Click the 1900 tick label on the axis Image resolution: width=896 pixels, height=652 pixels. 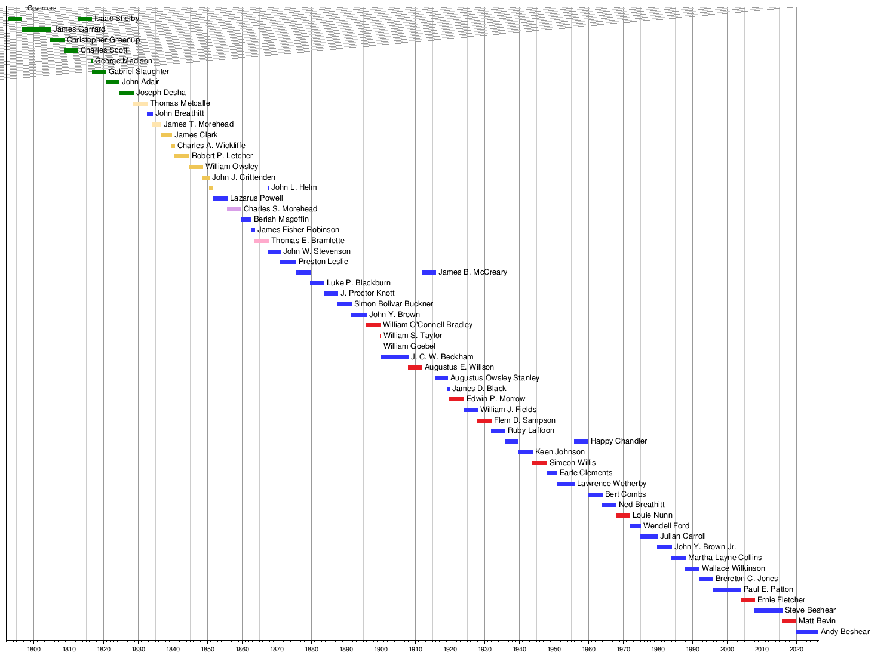pos(381,648)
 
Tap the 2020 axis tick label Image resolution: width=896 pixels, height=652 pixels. pos(796,648)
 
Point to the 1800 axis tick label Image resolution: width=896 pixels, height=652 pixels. pos(34,648)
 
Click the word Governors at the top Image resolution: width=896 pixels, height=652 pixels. pos(42,8)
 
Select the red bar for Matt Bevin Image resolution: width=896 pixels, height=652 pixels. pos(788,621)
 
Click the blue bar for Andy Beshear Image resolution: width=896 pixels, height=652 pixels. pos(806,632)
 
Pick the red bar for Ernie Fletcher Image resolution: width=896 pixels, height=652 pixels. pos(747,600)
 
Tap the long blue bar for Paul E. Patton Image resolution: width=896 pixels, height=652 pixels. pos(726,589)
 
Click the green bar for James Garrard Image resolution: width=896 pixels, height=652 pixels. pos(36,29)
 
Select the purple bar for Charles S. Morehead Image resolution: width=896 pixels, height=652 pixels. pos(234,209)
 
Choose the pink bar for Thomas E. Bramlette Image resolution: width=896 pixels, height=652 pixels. pos(261,241)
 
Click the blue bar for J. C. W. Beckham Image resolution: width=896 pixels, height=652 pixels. pos(394,357)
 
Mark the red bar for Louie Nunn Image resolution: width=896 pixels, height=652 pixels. pos(622,515)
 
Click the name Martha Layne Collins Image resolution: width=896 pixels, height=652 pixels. pos(725,558)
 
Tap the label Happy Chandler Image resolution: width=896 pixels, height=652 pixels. pos(618,441)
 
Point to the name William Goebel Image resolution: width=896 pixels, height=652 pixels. pos(409,346)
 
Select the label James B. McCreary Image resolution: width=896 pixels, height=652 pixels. pos(472,272)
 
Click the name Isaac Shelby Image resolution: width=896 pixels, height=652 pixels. pos(116,19)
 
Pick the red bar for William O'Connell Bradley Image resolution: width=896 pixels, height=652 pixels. pos(373,325)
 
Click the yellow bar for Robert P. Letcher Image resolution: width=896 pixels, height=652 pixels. pos(182,156)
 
